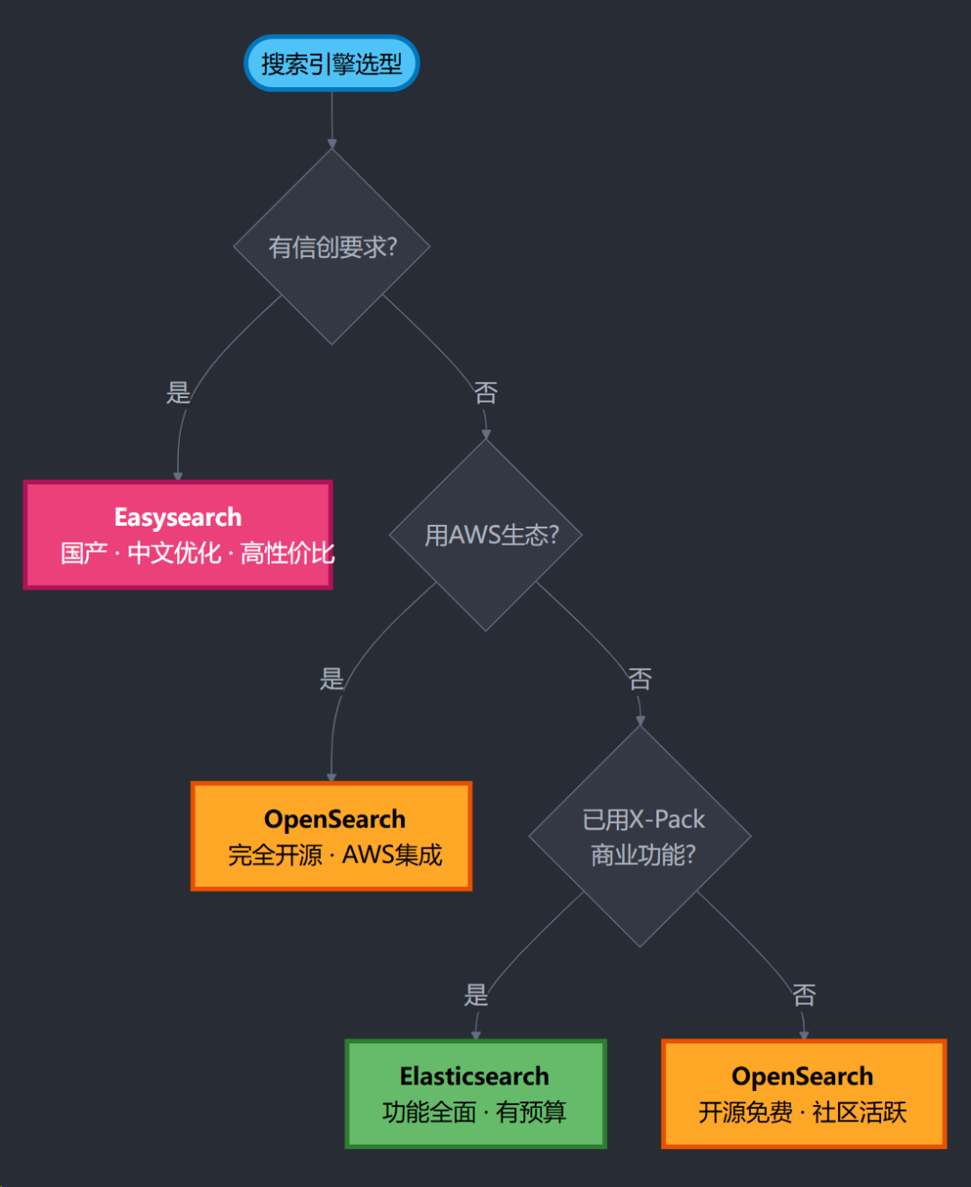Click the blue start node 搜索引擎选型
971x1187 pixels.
331,63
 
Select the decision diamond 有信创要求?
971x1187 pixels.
332,246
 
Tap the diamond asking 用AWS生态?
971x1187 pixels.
485,535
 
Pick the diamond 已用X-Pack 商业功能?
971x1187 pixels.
640,837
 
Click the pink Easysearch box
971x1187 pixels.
178,535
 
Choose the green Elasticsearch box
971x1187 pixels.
476,1094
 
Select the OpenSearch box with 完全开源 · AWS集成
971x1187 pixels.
332,837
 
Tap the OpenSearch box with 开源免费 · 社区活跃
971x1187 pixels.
805,1094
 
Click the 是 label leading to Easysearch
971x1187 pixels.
178,393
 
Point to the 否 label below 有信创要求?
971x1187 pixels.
485,393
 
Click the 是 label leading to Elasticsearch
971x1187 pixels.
476,995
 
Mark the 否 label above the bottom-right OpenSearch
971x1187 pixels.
805,995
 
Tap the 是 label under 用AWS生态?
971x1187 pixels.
332,678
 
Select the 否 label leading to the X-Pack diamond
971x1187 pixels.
640,678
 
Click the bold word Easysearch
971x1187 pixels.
178,518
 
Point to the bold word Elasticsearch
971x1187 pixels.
475,1076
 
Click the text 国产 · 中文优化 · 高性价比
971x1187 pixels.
198,553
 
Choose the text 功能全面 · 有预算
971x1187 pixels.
475,1112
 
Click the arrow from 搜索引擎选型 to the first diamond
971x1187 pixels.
332,120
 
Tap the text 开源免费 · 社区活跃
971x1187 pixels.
803,1112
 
